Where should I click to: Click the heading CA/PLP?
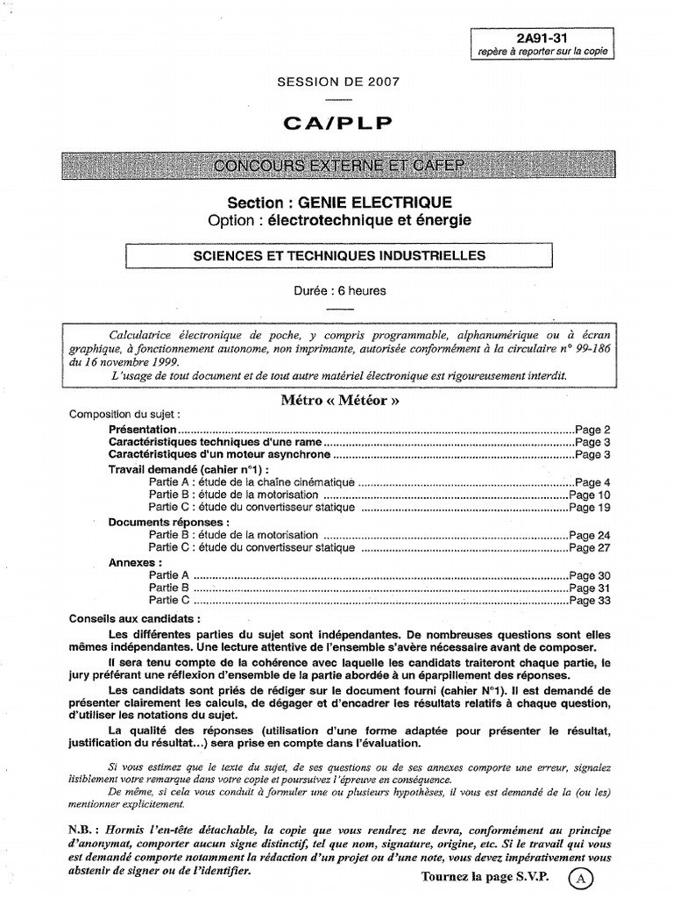point(337,123)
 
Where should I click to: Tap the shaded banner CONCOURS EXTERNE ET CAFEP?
point(337,166)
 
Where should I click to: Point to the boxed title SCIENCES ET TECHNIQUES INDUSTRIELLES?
point(339,255)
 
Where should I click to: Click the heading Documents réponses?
point(169,522)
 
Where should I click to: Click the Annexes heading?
point(135,561)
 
